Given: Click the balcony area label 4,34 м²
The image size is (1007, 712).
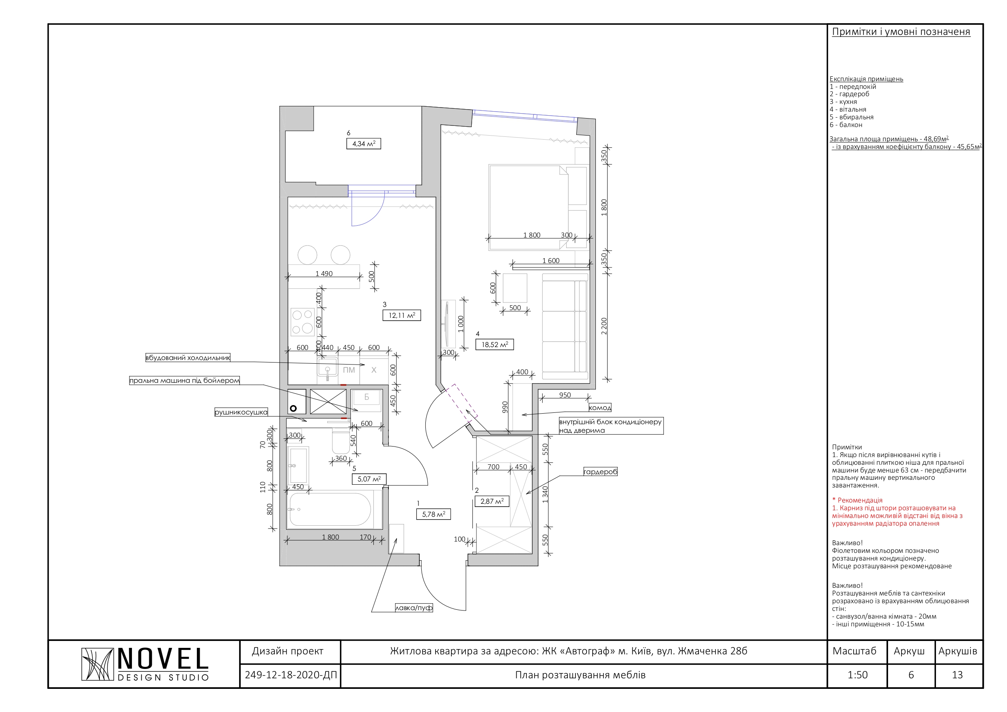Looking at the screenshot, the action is click(x=364, y=143).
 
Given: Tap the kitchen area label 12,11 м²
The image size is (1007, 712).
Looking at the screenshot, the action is click(x=402, y=315).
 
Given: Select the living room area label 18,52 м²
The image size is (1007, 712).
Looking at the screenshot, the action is click(x=495, y=344).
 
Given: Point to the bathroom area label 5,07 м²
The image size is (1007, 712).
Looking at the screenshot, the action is click(x=369, y=479).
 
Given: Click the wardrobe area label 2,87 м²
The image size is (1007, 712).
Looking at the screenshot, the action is click(x=492, y=501).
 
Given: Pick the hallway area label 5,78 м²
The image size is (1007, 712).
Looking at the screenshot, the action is click(x=433, y=514).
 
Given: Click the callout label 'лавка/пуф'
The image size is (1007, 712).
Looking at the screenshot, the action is click(x=414, y=608).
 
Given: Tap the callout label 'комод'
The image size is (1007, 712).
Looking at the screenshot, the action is click(x=599, y=408).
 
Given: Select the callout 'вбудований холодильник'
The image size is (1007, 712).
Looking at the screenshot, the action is click(x=188, y=358).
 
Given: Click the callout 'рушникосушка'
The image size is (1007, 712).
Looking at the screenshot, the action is click(x=241, y=412).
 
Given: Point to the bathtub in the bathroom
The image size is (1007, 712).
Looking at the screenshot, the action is click(x=330, y=510).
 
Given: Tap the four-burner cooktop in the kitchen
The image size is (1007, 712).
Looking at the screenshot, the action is click(x=302, y=321).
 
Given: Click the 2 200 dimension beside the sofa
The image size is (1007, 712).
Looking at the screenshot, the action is click(x=604, y=326).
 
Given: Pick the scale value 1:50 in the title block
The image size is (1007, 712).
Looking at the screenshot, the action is click(x=858, y=675).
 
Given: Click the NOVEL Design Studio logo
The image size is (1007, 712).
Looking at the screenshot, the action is click(x=145, y=664).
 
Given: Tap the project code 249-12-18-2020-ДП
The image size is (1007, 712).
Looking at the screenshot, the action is click(x=291, y=675).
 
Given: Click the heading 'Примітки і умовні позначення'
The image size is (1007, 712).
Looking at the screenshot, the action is click(x=901, y=32).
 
